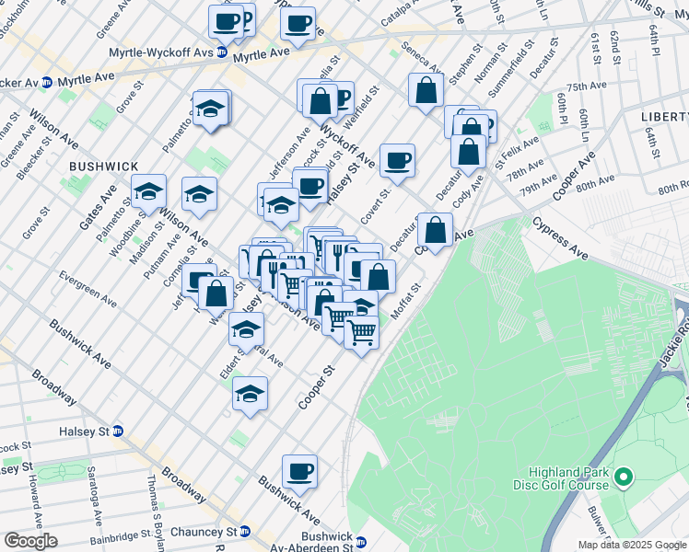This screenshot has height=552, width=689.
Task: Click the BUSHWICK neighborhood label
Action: point(103,167)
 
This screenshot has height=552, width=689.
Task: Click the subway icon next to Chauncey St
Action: point(245,532)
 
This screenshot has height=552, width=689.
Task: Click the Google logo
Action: point(30,540)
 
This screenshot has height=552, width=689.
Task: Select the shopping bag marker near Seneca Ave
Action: point(425,91)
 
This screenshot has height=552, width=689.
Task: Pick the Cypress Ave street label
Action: point(559,237)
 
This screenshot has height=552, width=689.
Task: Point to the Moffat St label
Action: point(405,302)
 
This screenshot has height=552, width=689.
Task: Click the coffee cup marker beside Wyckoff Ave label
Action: point(397,161)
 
